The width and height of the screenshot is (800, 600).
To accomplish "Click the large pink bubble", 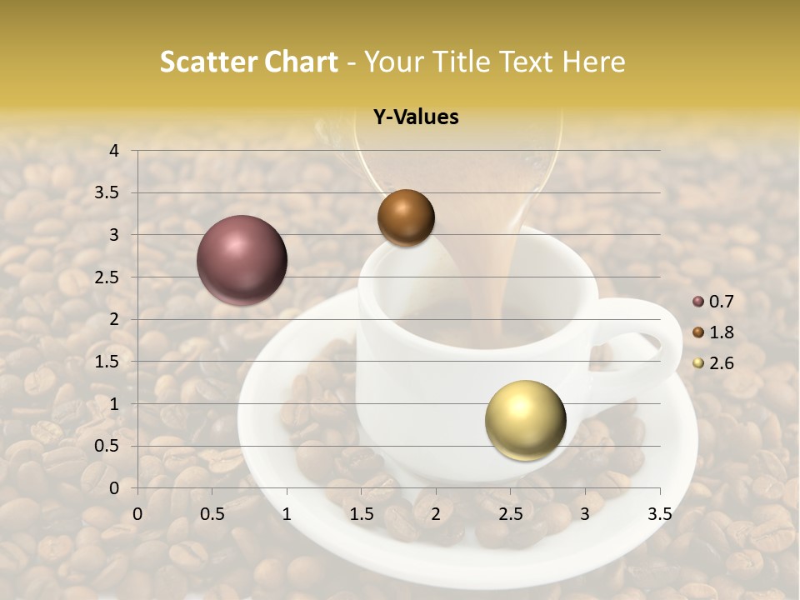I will coord(242,261).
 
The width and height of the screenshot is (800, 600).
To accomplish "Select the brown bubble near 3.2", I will coord(406,217).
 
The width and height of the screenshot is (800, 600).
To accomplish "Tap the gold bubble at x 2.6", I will coord(525,420).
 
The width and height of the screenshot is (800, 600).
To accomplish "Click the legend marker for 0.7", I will coord(698,302).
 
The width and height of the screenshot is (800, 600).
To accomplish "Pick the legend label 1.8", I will coord(722,332).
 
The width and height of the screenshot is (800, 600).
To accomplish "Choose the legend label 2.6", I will coord(722,363).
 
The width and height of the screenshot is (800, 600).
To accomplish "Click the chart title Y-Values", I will coord(416,117).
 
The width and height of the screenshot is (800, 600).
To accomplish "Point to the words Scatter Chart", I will coord(249,62).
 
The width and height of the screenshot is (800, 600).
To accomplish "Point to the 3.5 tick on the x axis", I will coord(659,514).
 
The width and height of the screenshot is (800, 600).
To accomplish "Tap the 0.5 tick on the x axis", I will coord(212,514).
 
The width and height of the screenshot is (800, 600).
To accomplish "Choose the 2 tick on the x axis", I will coord(436,514).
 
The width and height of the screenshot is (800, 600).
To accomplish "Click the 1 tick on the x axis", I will coord(287,514).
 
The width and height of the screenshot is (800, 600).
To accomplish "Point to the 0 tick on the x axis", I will coord(137,514).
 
